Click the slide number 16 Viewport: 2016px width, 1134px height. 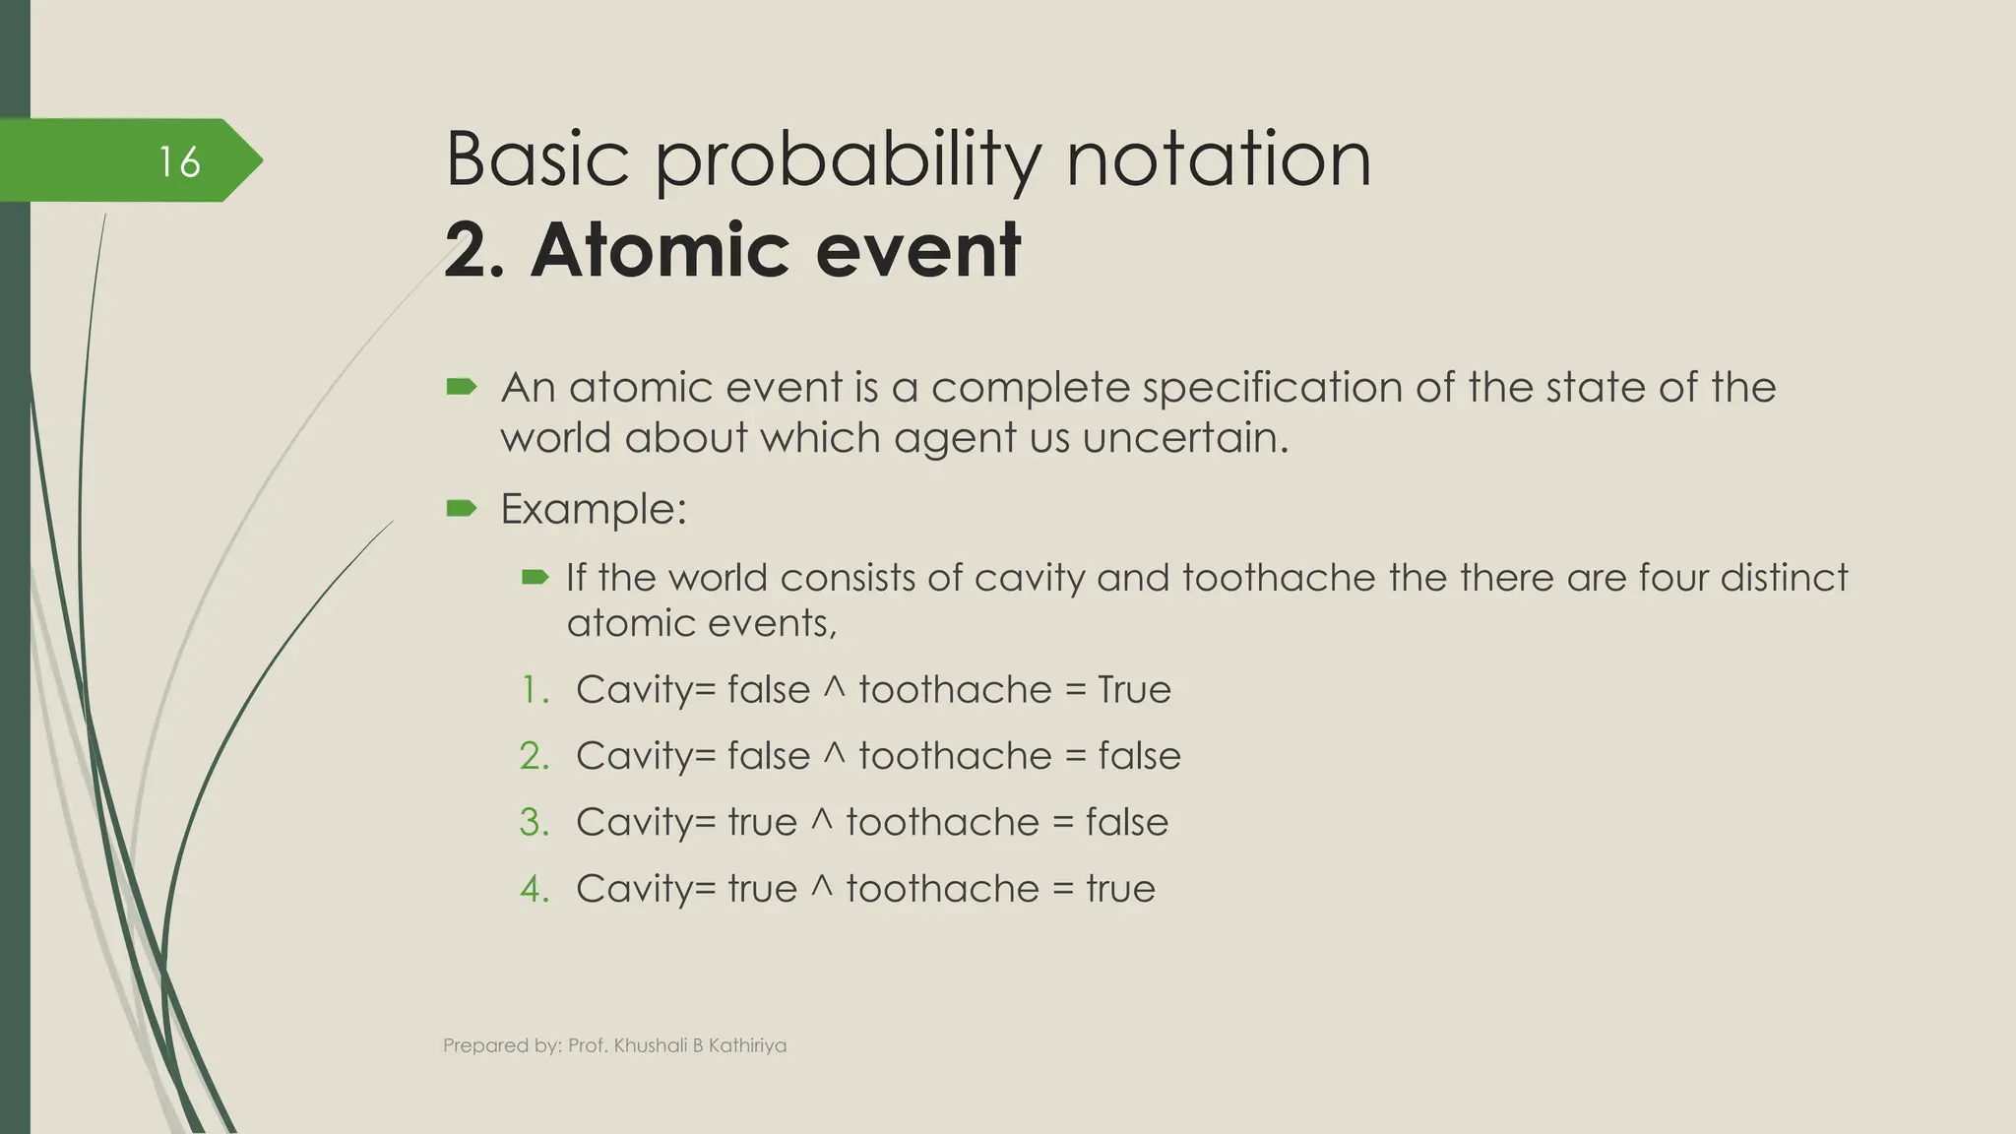click(179, 161)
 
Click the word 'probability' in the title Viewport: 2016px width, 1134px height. click(847, 160)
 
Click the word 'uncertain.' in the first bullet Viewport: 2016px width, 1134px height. click(1185, 437)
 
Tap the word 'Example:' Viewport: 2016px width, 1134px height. click(593, 509)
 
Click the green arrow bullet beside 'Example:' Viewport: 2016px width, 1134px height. click(461, 508)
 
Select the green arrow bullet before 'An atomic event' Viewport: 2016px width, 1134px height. click(461, 387)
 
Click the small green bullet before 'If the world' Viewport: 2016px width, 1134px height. click(535, 577)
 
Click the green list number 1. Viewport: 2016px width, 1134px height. click(534, 690)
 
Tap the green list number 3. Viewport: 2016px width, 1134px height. click(534, 822)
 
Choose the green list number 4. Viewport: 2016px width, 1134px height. click(534, 889)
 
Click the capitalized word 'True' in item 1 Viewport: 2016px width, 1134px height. click(1134, 690)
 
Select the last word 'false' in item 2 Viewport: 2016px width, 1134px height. click(1139, 756)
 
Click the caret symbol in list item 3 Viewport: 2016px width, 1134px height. click(821, 820)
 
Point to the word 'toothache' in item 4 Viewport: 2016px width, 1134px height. click(942, 889)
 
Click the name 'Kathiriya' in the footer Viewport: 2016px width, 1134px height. click(747, 1045)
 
